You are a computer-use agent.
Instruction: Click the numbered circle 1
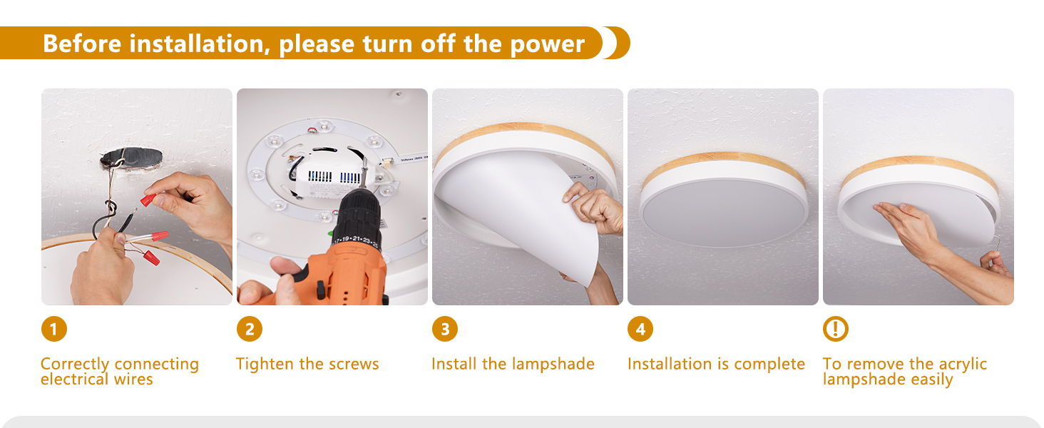pos(54,329)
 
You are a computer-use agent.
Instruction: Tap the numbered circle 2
pos(250,329)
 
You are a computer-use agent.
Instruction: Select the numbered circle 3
pos(445,329)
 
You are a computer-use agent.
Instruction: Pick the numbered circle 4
pos(640,329)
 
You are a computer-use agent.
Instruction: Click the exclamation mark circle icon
pos(835,329)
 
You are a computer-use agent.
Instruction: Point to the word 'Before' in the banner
pos(82,44)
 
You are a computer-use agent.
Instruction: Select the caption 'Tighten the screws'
pos(307,364)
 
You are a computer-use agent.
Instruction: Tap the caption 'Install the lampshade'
pos(513,364)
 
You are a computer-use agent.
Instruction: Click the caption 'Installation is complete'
pos(716,364)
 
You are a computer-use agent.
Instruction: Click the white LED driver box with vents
pos(330,176)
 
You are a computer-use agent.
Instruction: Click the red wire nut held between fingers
pos(148,200)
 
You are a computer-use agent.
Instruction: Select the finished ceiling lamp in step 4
pos(723,200)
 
